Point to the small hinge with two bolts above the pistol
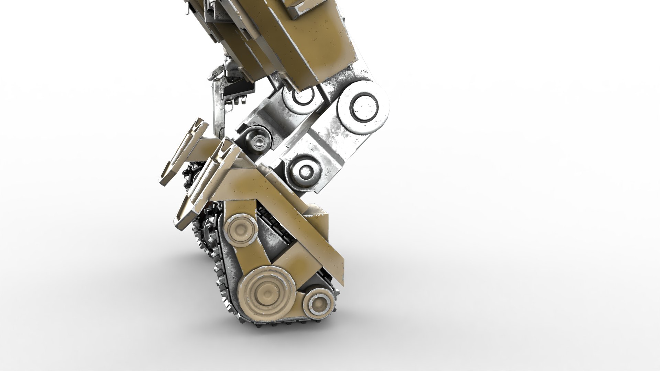coord(215,74)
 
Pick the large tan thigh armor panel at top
coord(309,41)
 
